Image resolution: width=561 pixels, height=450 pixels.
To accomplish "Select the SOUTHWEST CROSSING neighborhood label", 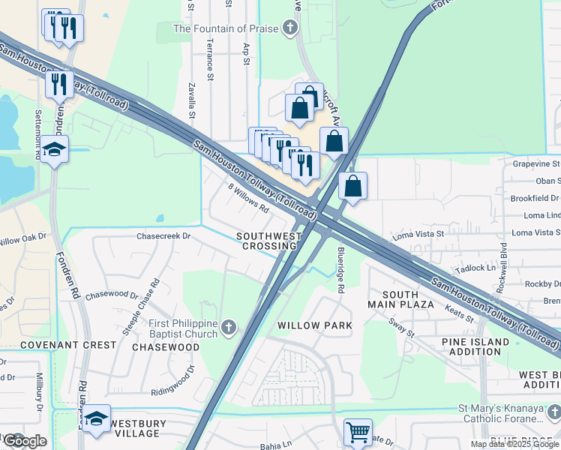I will tap(268, 241).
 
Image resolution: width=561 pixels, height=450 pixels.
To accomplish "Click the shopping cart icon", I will tap(358, 431).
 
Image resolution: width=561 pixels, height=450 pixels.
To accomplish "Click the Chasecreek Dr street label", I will tap(163, 235).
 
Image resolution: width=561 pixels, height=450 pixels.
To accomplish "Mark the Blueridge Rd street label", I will tap(340, 260).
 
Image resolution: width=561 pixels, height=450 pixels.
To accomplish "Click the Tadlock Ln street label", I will tap(480, 267).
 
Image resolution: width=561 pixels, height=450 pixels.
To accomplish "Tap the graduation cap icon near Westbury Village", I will tap(97, 418).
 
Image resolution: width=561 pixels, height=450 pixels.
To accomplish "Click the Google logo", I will tap(25, 441).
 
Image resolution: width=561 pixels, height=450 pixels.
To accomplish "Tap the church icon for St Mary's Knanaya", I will tap(553, 412).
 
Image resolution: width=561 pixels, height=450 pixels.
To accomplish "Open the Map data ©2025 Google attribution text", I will tap(514, 444).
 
